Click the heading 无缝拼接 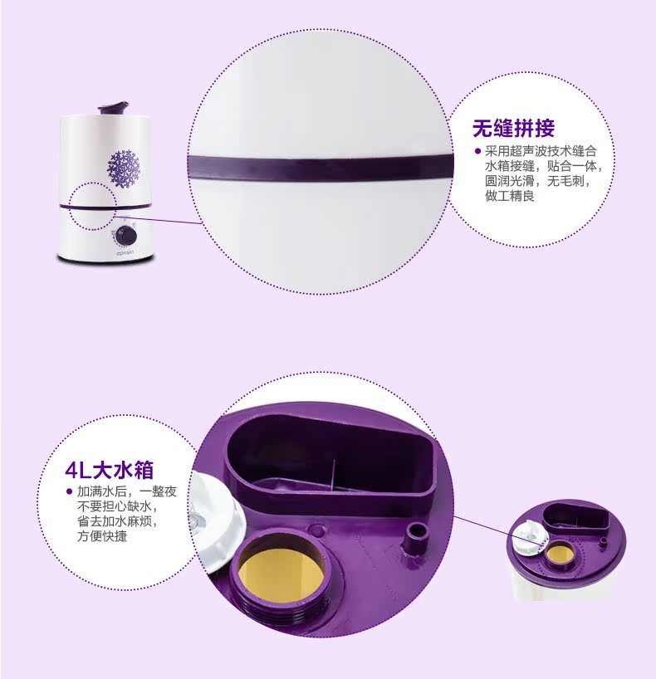click(513, 128)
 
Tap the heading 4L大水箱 click(109, 470)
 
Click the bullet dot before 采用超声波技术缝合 click(478, 151)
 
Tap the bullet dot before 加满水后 click(68, 491)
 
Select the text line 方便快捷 click(102, 536)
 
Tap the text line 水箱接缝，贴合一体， click(543, 166)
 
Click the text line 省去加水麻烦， click(117, 521)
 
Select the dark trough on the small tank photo click(577, 517)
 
